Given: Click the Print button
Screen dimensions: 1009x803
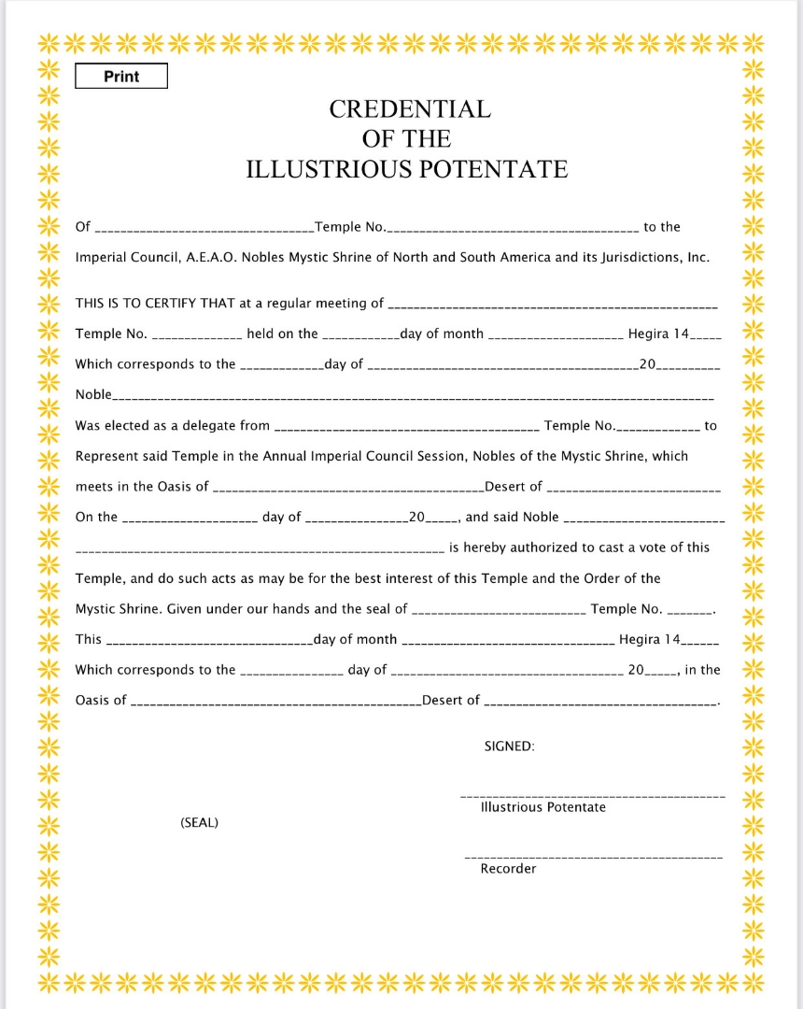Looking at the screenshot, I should click(121, 77).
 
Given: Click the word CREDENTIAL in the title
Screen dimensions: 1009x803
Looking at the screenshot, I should click(409, 109).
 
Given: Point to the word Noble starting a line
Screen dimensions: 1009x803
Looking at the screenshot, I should click(93, 394).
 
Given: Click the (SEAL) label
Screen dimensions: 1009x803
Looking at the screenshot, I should click(199, 823).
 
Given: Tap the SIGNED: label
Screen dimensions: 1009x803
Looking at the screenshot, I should click(509, 746).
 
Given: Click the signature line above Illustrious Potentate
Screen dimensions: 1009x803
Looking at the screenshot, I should click(593, 795).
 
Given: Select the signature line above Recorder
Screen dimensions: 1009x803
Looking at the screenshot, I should click(593, 857).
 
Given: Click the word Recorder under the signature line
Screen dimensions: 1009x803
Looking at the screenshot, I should click(508, 869).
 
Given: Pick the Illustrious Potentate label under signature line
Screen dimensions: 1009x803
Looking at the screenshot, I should click(542, 807).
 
